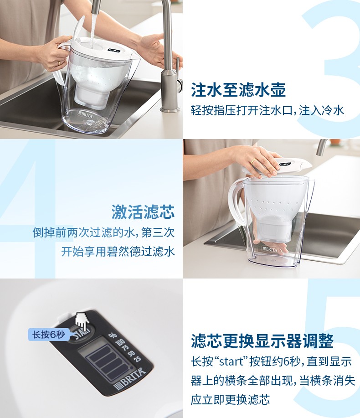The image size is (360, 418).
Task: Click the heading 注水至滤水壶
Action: (x=238, y=90)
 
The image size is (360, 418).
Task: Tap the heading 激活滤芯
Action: (x=143, y=212)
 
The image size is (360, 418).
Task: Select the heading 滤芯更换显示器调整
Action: (x=262, y=341)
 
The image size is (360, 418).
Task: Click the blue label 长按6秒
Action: (x=48, y=335)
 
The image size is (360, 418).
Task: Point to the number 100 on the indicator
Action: (x=120, y=341)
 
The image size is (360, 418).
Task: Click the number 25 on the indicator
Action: (x=137, y=359)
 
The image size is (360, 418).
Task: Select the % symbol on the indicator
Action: (x=113, y=335)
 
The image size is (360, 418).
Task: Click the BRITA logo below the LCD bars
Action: (x=130, y=378)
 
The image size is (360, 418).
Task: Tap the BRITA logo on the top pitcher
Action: (x=86, y=114)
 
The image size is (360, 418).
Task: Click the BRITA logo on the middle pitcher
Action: (x=270, y=249)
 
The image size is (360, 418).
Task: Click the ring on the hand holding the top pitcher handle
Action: (x=59, y=63)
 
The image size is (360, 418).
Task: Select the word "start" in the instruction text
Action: (x=231, y=362)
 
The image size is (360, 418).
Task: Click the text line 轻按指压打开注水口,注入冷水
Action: (x=267, y=110)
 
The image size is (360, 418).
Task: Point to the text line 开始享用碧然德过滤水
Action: (x=118, y=251)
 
